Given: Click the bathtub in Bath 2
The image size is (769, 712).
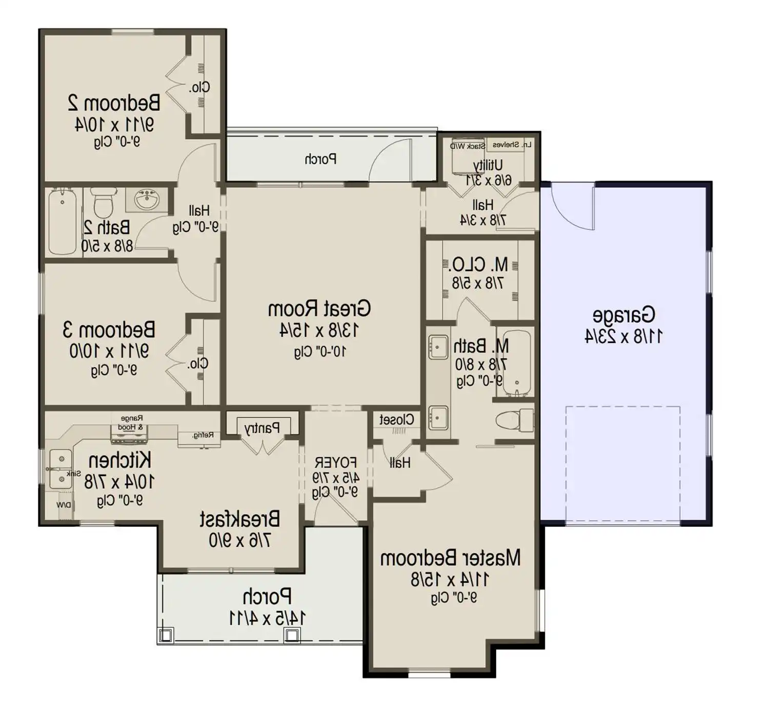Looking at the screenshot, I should pyautogui.click(x=62, y=222).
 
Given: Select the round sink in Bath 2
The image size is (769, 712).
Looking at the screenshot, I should pyautogui.click(x=149, y=199).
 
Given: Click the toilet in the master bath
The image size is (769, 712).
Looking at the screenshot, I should pyautogui.click(x=514, y=420).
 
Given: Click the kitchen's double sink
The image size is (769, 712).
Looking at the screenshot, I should pyautogui.click(x=60, y=468).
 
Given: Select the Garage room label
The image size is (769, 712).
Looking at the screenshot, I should pyautogui.click(x=623, y=314).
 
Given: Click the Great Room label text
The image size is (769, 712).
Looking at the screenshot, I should pyautogui.click(x=319, y=309).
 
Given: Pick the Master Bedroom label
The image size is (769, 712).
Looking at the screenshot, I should pyautogui.click(x=450, y=558).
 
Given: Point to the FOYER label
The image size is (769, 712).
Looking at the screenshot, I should pyautogui.click(x=336, y=462).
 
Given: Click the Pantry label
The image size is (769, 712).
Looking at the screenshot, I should pyautogui.click(x=262, y=428).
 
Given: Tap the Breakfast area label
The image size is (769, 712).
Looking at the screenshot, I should pyautogui.click(x=239, y=519).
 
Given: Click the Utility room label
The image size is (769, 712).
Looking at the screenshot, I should pyautogui.click(x=488, y=165).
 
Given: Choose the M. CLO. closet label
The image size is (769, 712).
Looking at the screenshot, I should pyautogui.click(x=479, y=265).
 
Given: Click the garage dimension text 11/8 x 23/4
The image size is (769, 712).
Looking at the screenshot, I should pyautogui.click(x=623, y=337).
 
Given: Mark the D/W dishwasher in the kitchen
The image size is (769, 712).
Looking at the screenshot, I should pyautogui.click(x=63, y=505).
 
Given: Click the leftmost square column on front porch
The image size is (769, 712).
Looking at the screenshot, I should pyautogui.click(x=166, y=636).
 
